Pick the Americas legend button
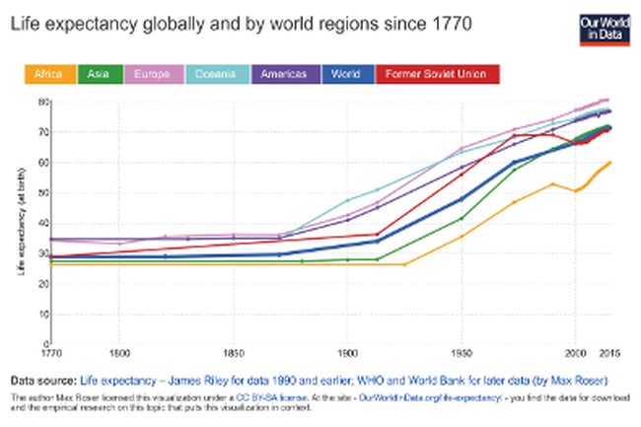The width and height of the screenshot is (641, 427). click(x=286, y=74)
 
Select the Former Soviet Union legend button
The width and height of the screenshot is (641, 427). click(x=437, y=74)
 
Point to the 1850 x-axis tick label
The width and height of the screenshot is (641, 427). click(x=234, y=353)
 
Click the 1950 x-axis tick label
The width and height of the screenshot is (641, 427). click(x=460, y=353)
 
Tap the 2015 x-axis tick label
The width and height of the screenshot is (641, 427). click(x=608, y=353)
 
